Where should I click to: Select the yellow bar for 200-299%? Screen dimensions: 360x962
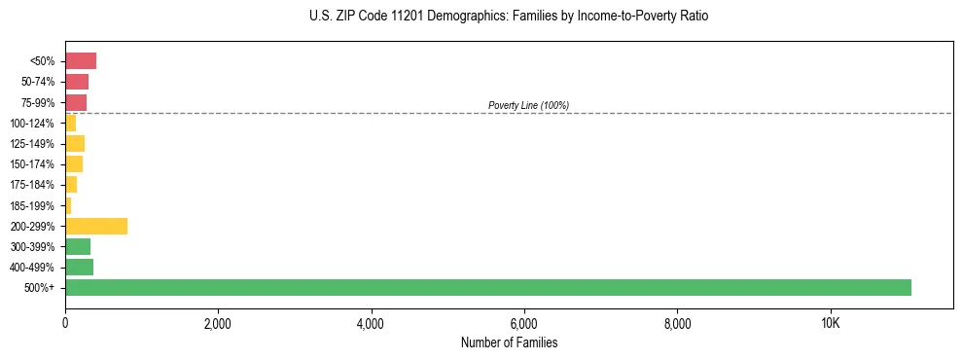click(96, 226)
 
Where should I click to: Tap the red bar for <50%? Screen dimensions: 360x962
click(81, 61)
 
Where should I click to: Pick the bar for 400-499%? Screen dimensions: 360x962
click(79, 267)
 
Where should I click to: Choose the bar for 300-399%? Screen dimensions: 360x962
click(78, 246)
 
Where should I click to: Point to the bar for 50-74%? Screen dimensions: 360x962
click(77, 82)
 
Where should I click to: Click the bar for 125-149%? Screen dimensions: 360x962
click(75, 144)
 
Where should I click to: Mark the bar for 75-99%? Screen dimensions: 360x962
click(76, 102)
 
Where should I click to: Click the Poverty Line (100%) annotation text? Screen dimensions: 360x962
click(528, 105)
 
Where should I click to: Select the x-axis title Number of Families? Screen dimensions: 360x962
click(509, 342)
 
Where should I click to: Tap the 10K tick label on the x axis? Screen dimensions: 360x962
click(830, 323)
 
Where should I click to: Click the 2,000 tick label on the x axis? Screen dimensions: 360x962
click(218, 323)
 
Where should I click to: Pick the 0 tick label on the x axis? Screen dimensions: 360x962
click(65, 323)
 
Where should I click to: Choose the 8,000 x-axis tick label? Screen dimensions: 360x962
click(677, 323)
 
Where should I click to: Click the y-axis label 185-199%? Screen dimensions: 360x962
click(33, 205)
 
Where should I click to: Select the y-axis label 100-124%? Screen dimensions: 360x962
click(33, 124)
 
